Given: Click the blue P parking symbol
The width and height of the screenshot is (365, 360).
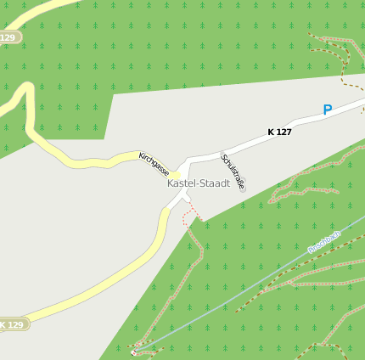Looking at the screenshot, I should [327, 110].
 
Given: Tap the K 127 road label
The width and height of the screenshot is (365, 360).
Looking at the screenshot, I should [279, 132].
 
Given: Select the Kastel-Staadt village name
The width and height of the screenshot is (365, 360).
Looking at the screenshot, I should [199, 183].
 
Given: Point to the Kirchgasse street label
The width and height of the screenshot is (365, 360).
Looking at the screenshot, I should [154, 163].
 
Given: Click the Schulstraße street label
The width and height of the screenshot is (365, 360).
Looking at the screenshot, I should [233, 171].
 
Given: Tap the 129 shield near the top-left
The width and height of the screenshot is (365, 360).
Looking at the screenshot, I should [8, 37].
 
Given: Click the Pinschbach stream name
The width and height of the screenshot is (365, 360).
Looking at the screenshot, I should [323, 241].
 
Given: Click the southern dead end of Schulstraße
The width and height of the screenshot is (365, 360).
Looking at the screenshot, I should [243, 189].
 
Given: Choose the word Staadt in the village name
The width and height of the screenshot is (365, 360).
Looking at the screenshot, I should [215, 183].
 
